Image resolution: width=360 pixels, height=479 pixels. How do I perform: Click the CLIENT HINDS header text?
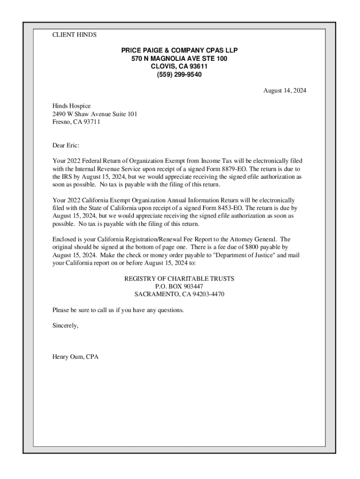coord(74,35)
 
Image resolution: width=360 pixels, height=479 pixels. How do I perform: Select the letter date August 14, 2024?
coord(284,91)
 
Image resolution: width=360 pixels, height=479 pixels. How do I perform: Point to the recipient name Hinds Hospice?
coord(72,106)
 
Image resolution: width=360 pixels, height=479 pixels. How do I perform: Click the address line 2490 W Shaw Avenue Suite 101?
coord(94,114)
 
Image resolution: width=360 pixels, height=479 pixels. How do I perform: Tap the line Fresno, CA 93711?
coord(76,122)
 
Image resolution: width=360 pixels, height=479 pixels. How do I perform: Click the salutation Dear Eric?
coord(66,145)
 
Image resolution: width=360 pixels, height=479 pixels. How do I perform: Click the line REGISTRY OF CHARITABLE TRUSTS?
coord(179,279)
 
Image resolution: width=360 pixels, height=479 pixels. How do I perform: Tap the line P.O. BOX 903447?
coord(179,286)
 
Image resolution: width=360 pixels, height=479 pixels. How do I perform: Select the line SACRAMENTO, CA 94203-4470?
coord(179,294)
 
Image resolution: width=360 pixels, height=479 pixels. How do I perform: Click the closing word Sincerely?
coord(65,326)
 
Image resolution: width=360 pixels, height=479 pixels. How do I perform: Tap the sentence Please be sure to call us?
coord(118,310)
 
